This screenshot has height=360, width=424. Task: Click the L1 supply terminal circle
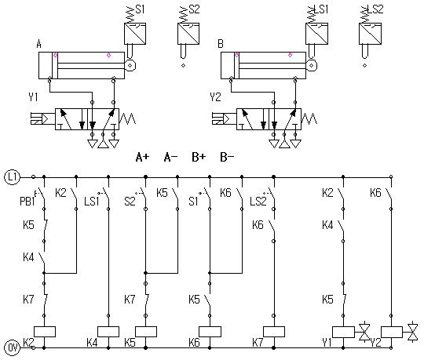(12, 177)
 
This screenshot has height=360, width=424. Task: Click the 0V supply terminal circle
(12, 347)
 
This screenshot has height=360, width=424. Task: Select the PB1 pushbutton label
(27, 202)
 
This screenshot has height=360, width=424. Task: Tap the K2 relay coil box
(45, 332)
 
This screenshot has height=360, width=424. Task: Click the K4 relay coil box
(108, 332)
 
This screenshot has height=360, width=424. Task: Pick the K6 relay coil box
(210, 332)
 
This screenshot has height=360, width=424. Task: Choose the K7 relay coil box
(274, 332)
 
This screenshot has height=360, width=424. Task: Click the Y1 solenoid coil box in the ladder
(343, 332)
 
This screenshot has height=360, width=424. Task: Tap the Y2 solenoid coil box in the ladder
(392, 332)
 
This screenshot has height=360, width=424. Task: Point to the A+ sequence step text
(142, 157)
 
